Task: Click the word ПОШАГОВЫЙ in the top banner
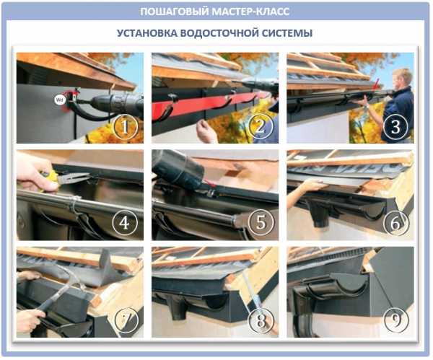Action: pos(175,12)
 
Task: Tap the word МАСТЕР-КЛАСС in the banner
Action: pos(251,12)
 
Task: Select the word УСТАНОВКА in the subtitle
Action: pos(146,33)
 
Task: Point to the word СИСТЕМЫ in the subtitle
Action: pos(287,33)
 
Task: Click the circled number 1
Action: pos(126,127)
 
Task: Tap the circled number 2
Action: pos(261,127)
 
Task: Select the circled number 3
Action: pos(395,127)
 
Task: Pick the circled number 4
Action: pos(125,222)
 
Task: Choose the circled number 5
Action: pos(261,222)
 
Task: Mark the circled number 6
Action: pos(395,224)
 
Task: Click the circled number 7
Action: pos(126,320)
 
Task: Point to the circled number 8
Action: pos(261,320)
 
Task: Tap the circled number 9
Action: pos(396,320)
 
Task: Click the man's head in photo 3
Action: pos(403,79)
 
